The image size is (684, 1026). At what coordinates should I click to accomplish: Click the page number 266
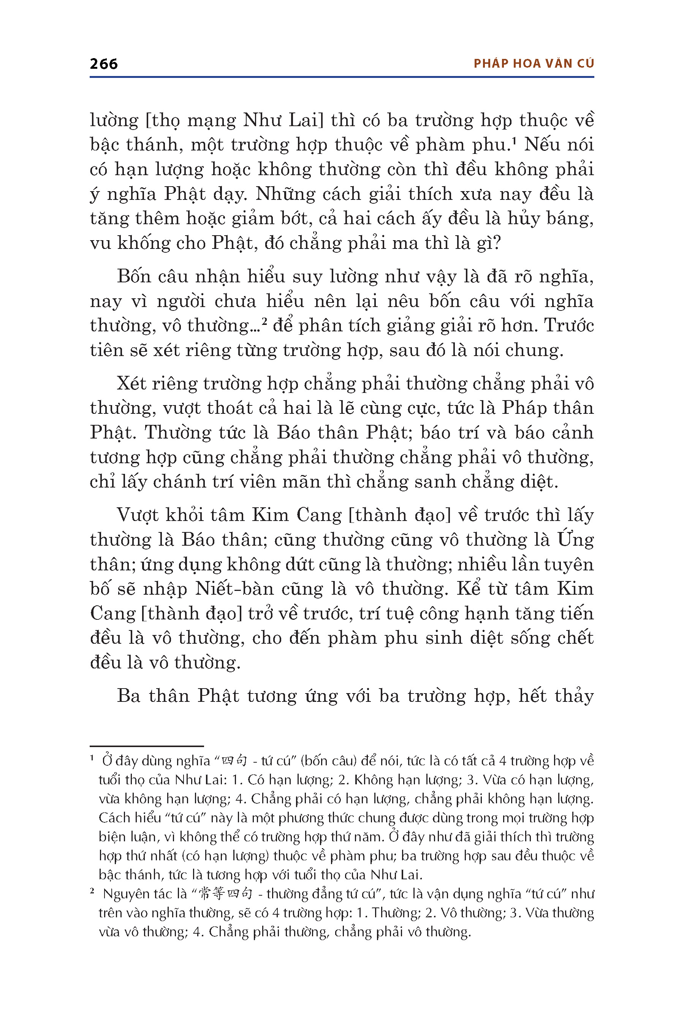click(103, 64)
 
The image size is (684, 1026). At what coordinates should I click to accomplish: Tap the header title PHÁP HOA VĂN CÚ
click(534, 64)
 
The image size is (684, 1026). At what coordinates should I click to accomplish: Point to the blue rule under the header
click(342, 77)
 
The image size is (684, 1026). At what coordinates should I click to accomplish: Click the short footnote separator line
click(147, 746)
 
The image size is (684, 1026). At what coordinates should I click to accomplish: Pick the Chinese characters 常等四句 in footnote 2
click(225, 894)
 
